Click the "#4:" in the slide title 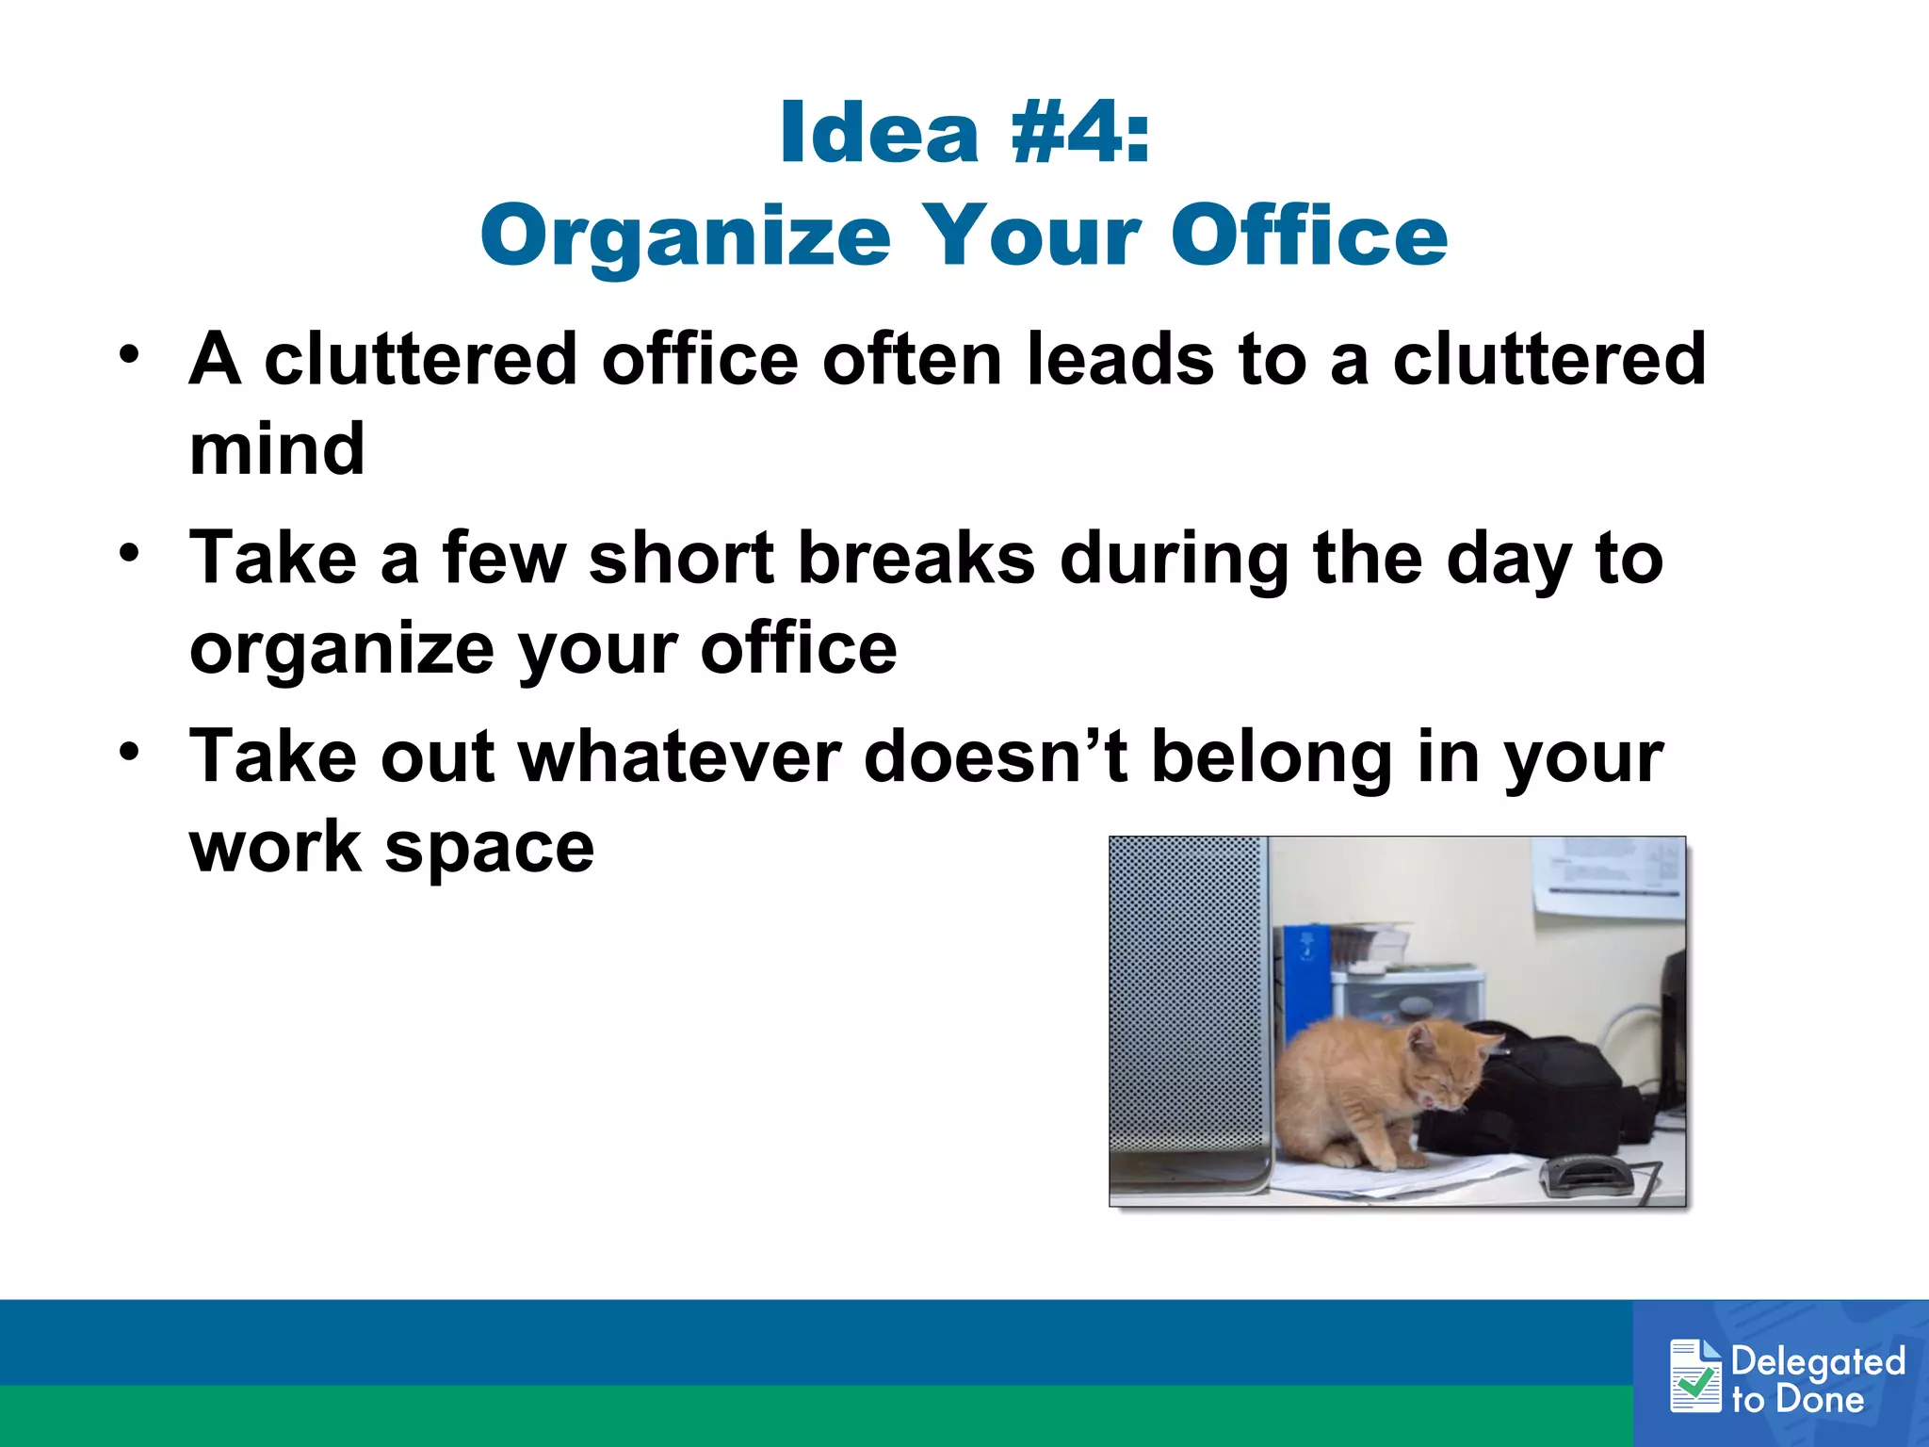tap(1079, 133)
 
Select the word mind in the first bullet tap(277, 448)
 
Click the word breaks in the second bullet tap(916, 559)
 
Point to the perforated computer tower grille tap(1187, 999)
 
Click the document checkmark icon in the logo tap(1695, 1376)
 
